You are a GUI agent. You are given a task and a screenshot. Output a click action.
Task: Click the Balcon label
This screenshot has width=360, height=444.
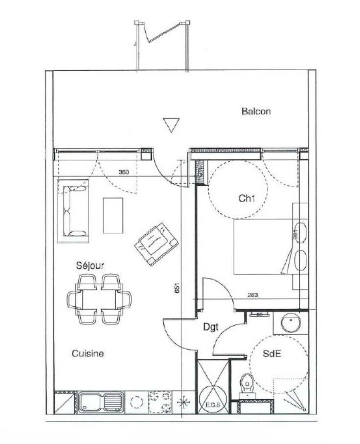pyautogui.click(x=256, y=111)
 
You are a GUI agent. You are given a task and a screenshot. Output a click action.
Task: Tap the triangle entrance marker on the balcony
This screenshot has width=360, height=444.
pyautogui.click(x=171, y=125)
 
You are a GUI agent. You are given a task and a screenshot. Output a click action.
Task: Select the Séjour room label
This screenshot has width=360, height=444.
pyautogui.click(x=90, y=266)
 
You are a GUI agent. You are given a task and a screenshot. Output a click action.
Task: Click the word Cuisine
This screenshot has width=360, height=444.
pyautogui.click(x=88, y=354)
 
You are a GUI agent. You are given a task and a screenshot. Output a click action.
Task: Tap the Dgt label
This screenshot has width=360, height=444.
pyautogui.click(x=211, y=328)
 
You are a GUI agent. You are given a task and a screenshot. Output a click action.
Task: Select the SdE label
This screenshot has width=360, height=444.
pyautogui.click(x=272, y=354)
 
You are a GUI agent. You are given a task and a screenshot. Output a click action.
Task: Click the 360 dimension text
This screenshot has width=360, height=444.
pyautogui.click(x=124, y=172)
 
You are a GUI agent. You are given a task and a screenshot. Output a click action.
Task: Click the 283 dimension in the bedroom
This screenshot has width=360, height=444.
pyautogui.click(x=253, y=295)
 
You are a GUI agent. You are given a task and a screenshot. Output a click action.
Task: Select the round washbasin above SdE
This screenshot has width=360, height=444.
pyautogui.click(x=291, y=322)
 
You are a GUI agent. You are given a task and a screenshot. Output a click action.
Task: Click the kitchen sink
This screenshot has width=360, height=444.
pyautogui.click(x=101, y=402)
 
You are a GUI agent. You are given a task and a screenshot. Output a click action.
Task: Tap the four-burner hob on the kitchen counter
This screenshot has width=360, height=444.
pyautogui.click(x=160, y=402)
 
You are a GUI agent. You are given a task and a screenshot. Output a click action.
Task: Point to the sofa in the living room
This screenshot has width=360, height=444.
pyautogui.click(x=73, y=211)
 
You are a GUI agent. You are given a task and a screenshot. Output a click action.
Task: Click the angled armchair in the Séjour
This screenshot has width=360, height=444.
pyautogui.click(x=156, y=244)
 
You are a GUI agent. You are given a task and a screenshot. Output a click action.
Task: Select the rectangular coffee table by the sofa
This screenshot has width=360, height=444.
pyautogui.click(x=113, y=215)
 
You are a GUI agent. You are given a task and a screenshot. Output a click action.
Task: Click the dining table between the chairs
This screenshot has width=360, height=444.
pyautogui.click(x=99, y=299)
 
